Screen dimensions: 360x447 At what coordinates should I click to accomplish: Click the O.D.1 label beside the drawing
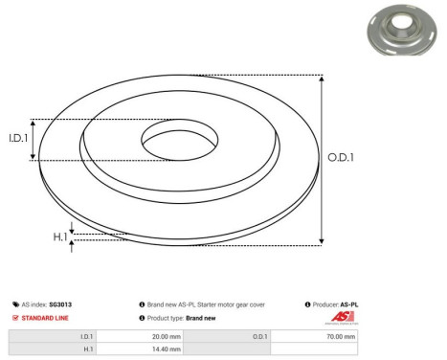coord(341,159)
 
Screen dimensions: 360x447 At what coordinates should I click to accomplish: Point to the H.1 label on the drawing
coord(59,237)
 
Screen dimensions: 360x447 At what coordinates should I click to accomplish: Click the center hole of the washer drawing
coord(181,141)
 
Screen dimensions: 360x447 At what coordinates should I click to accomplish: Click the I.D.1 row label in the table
coord(85,336)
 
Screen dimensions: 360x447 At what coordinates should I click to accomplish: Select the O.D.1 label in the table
coord(260,336)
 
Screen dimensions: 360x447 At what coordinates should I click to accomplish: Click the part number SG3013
coord(60,304)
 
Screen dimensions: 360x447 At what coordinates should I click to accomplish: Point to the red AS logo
coord(343,317)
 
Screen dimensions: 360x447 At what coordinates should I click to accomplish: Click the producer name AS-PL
coord(349,304)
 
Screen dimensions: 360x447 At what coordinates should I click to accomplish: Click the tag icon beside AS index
coord(15,304)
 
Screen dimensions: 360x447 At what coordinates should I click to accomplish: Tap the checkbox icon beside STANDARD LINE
coord(15,318)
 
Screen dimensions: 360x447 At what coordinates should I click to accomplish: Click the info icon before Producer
coord(304,304)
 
